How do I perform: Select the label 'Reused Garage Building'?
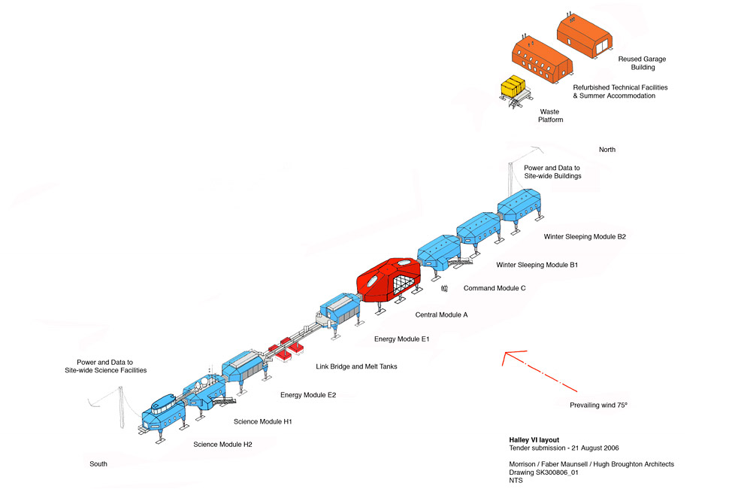(642, 63)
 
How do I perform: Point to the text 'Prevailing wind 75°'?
(598, 405)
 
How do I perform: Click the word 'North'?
(606, 150)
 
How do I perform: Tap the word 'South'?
(98, 463)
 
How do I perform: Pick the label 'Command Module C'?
(495, 288)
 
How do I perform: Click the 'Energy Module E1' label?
(401, 339)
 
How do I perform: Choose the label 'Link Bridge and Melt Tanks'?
(356, 366)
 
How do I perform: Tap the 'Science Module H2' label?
(222, 445)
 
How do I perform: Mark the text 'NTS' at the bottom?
(516, 481)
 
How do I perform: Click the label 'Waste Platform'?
(551, 115)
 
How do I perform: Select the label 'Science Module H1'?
(262, 421)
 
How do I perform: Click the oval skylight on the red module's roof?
(404, 264)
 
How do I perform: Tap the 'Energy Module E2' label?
(308, 395)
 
